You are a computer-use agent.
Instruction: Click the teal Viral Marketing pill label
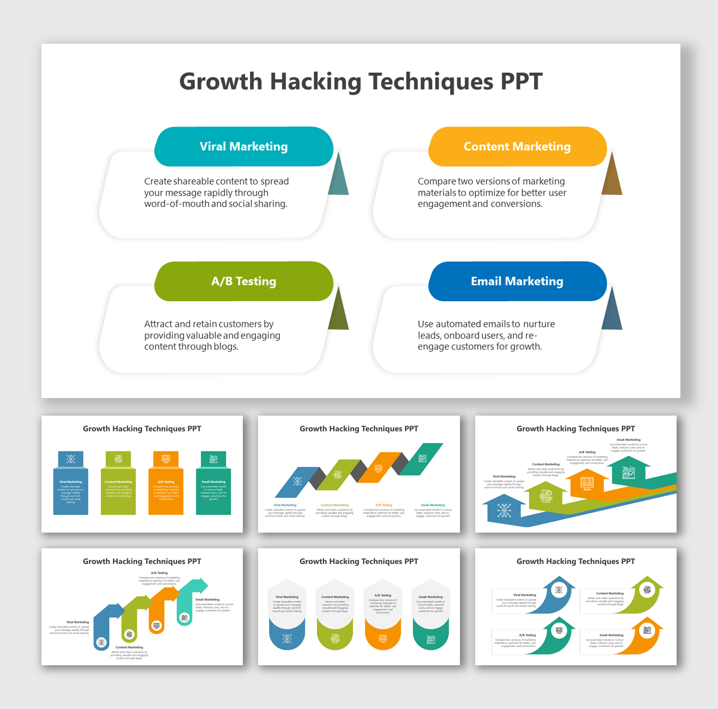tap(243, 146)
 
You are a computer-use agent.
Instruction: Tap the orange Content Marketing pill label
tap(517, 146)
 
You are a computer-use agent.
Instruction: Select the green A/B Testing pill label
tap(243, 281)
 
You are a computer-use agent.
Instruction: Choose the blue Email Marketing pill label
tap(517, 281)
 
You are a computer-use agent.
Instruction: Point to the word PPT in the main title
tap(521, 82)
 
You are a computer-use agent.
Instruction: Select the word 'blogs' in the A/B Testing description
tap(226, 347)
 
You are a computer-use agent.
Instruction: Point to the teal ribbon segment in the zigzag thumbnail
tap(421, 458)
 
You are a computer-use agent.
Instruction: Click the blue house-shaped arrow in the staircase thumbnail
tap(504, 510)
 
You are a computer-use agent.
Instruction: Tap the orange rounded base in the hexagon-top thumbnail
tap(383, 638)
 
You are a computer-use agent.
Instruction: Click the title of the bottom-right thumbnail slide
tap(576, 562)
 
